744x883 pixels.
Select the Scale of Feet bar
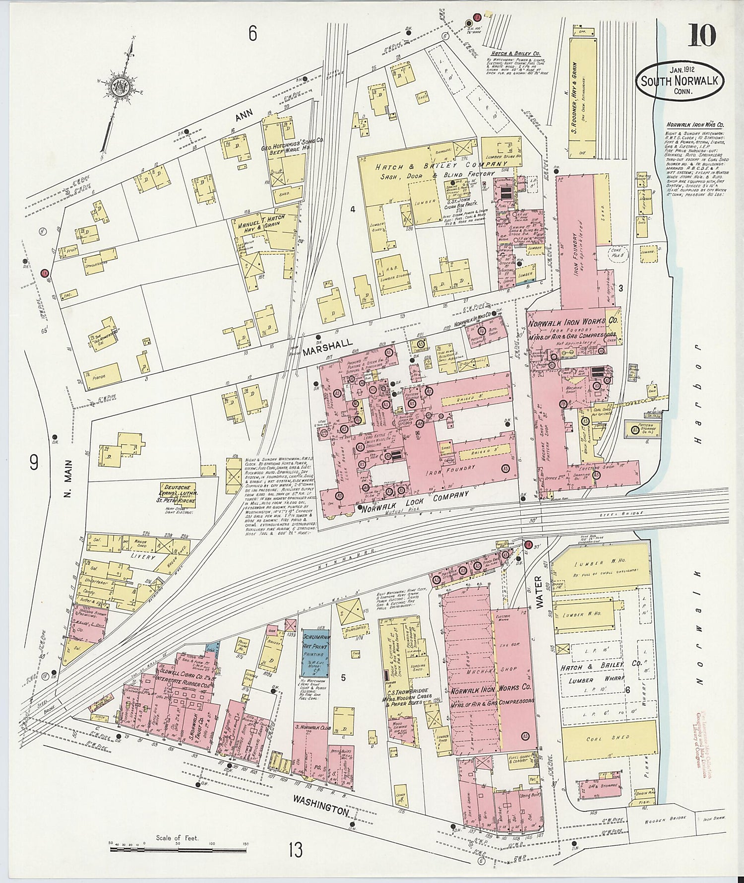pos(177,849)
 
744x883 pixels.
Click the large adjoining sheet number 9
pos(34,463)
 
